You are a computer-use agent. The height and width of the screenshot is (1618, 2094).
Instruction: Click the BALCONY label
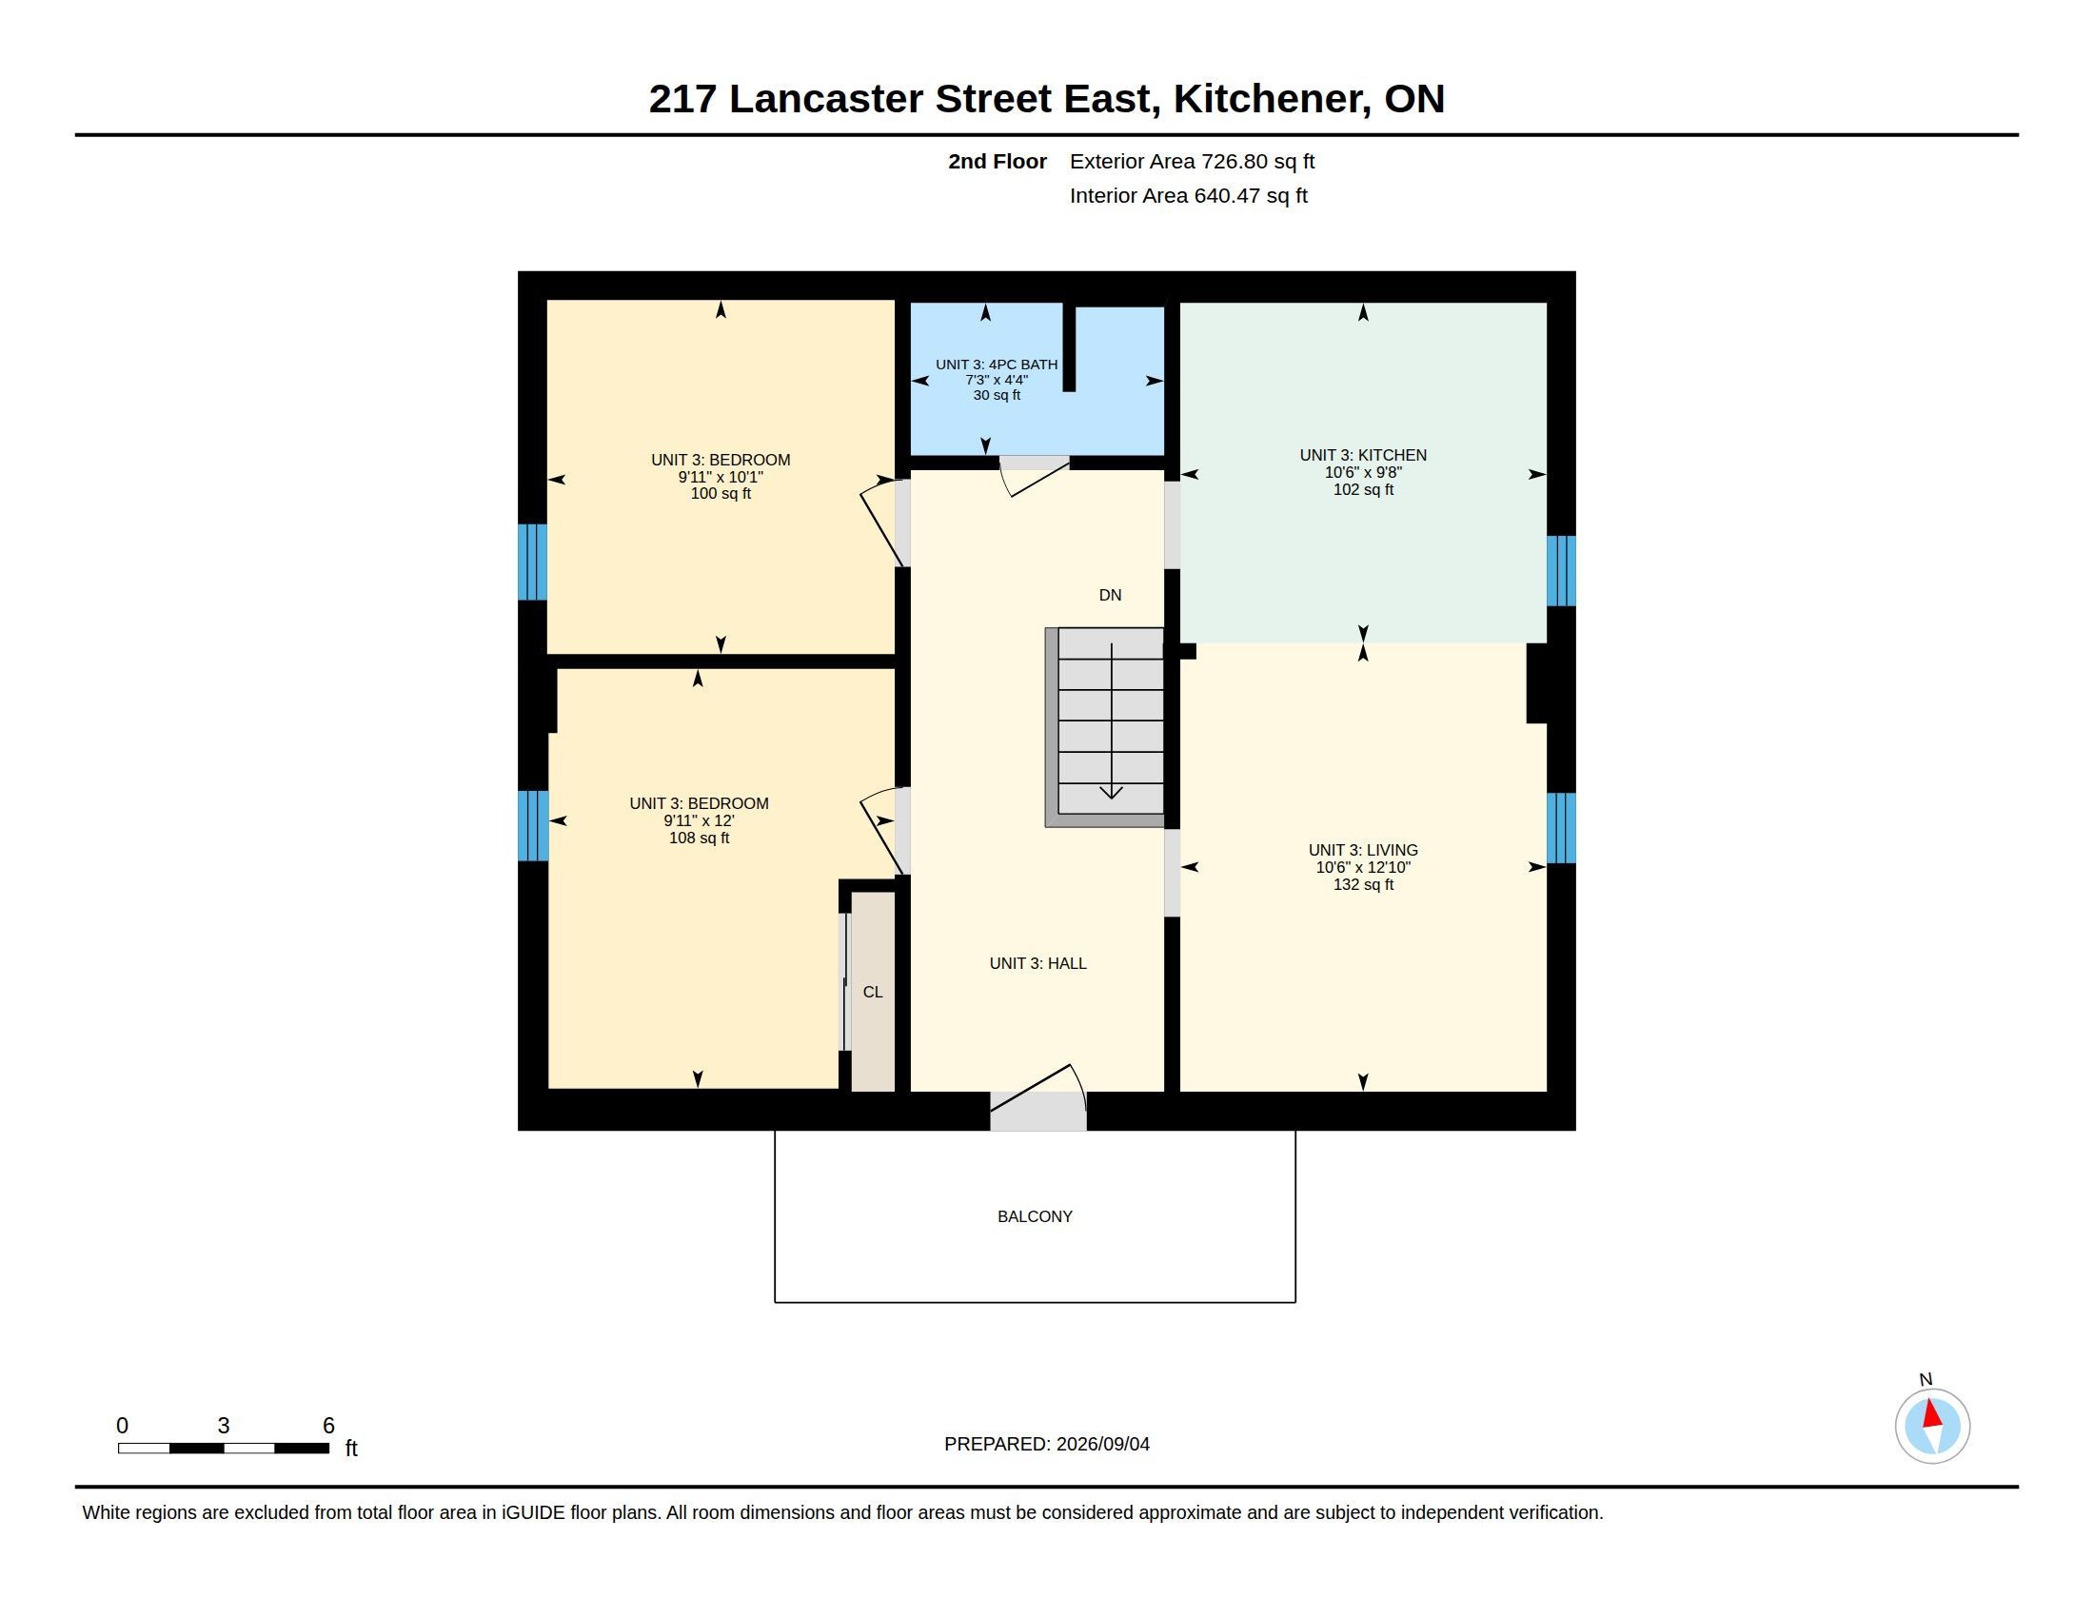pos(1035,1216)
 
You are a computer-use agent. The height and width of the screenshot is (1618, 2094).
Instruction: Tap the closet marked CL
pos(873,992)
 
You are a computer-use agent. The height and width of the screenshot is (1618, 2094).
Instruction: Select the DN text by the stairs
pos(1110,595)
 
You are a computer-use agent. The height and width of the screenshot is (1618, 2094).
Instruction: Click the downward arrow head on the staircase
pos(1111,792)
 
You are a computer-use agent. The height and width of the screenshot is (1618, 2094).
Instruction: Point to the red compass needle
pos(1932,1412)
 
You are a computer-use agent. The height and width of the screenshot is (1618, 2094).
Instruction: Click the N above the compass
pos(1926,1379)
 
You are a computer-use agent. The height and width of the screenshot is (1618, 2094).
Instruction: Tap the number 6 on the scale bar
pos(329,1426)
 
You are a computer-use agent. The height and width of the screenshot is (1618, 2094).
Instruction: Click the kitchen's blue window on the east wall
pos(1561,570)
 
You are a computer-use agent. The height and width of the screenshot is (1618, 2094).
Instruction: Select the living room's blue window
pos(1561,827)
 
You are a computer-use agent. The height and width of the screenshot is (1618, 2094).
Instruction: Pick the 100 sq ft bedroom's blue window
pos(532,562)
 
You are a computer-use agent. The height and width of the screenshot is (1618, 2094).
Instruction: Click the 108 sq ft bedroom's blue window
pos(533,825)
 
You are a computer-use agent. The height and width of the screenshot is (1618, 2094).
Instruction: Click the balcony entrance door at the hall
pos(1038,1098)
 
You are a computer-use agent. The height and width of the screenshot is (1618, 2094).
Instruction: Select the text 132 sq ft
pos(1363,885)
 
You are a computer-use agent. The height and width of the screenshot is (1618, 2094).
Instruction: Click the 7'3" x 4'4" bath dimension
pos(998,380)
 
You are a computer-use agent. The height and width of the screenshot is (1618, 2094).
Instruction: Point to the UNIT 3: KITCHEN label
pos(1363,455)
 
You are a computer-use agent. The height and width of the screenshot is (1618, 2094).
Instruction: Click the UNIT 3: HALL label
pos(1038,963)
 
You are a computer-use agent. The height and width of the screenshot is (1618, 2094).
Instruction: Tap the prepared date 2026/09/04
pos(1102,1444)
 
